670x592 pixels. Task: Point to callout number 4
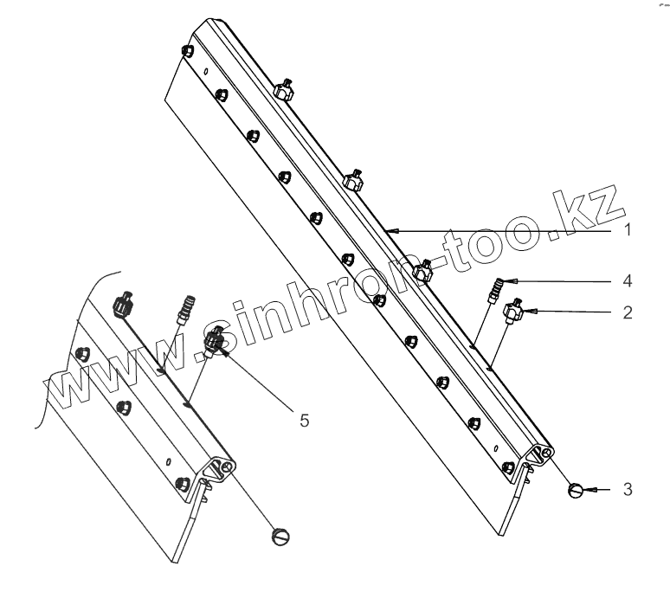pos(628,280)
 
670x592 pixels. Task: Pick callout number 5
pos(304,419)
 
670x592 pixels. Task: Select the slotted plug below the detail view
pos(280,536)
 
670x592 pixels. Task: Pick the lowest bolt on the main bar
pos(509,467)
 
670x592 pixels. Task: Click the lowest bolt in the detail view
pos(182,482)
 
